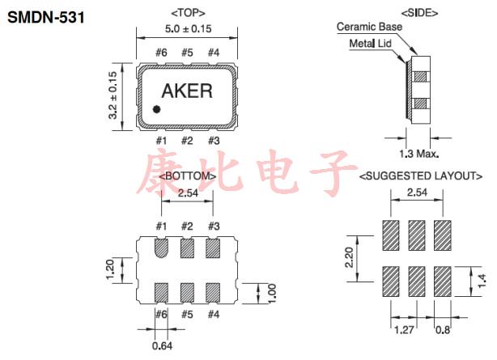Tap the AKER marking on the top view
188,91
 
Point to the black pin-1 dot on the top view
157,108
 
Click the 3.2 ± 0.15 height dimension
114,94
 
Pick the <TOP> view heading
188,14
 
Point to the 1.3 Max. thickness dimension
420,153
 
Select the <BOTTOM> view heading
188,176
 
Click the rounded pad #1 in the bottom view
161,247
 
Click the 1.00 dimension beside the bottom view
272,294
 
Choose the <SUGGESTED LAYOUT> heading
420,176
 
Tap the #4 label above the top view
214,53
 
